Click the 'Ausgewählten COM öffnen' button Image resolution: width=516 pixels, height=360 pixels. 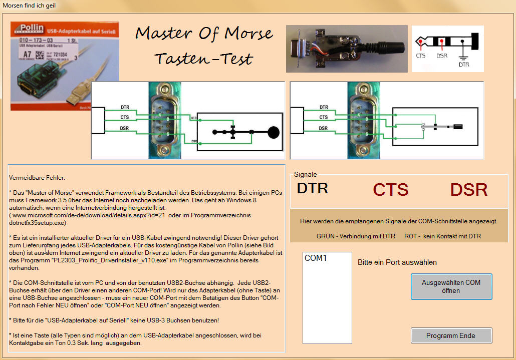point(451,286)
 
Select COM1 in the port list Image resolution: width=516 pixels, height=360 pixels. point(316,258)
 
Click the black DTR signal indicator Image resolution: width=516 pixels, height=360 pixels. point(312,188)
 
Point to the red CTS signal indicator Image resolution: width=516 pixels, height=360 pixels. point(390,190)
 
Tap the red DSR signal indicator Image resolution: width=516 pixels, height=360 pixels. point(468,190)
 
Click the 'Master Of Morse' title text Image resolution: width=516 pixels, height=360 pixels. point(204,34)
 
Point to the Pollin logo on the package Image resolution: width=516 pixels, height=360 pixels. point(32,29)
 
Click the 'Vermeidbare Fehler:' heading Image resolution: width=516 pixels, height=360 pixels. point(37,178)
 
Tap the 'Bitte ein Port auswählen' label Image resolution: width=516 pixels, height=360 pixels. point(397,262)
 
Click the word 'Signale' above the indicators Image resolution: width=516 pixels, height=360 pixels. point(305,175)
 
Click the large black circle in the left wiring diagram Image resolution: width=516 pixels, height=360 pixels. point(273,133)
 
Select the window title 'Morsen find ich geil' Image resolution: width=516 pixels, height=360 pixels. point(29,6)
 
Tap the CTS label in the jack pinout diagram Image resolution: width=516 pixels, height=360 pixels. point(421,56)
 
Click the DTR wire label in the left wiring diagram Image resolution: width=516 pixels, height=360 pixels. point(125,107)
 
